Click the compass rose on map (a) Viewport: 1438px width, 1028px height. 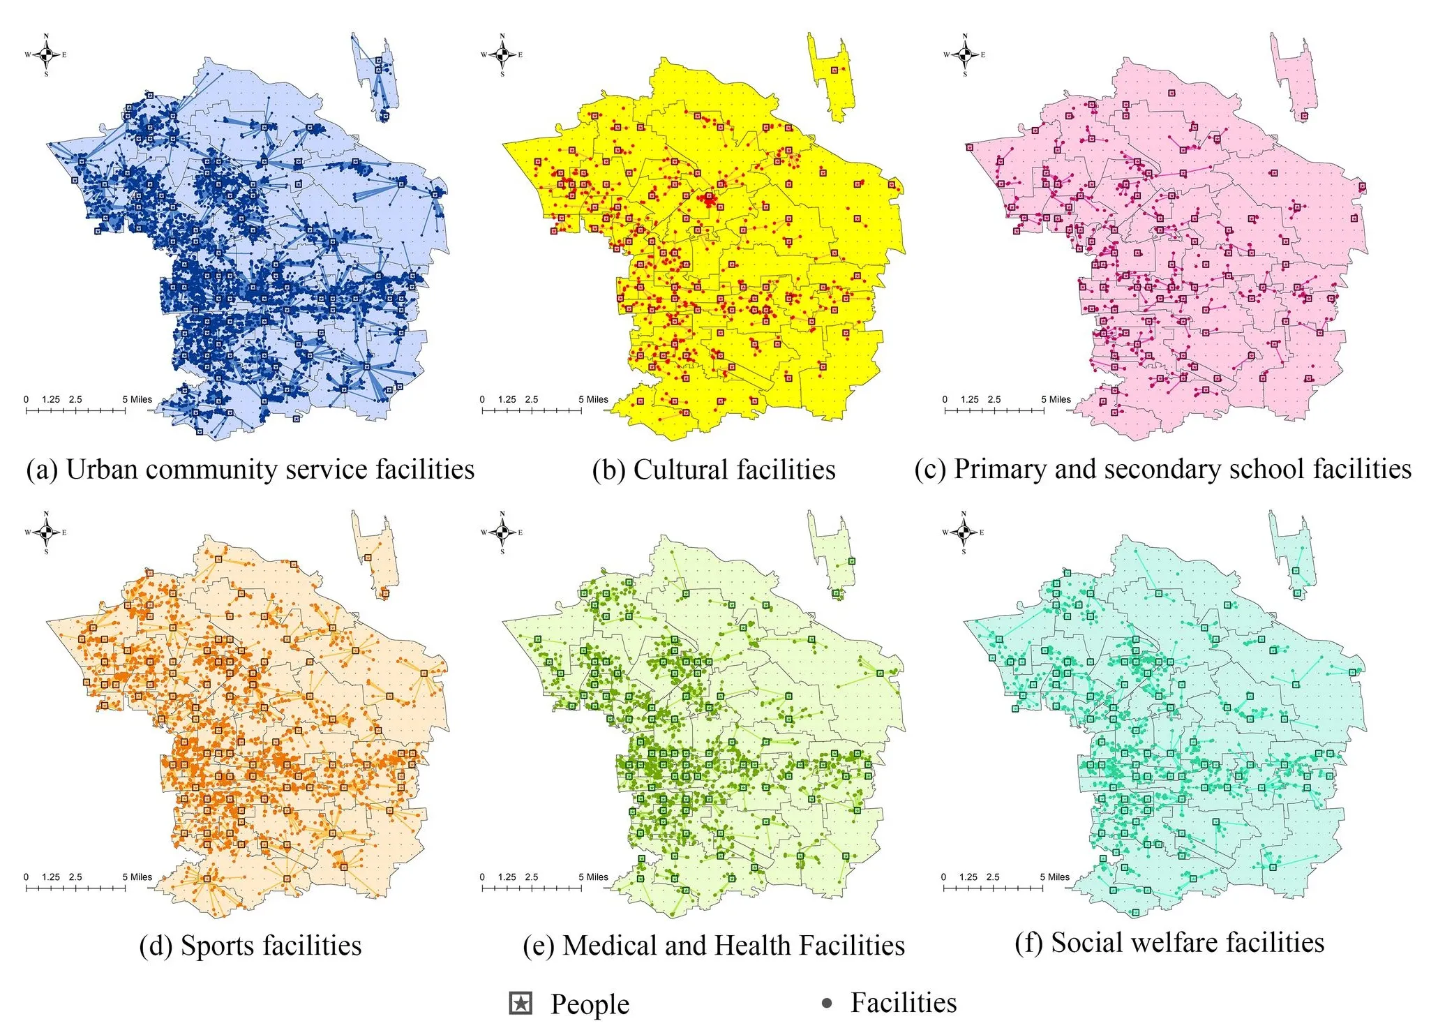[46, 54]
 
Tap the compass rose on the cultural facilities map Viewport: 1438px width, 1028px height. [502, 54]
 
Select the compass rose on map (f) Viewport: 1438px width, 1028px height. [964, 532]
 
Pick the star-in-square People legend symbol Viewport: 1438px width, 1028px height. [520, 1004]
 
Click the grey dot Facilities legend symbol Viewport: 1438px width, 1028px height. [827, 1004]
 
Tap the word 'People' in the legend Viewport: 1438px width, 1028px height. [590, 1004]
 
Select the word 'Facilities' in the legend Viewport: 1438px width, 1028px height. [904, 1003]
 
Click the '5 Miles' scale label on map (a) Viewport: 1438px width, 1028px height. [137, 400]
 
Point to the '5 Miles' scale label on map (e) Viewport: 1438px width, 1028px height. [593, 877]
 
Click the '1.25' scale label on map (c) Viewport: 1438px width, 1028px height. [969, 400]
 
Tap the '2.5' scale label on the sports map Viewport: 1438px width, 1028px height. [75, 877]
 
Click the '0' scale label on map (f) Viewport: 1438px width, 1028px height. [943, 877]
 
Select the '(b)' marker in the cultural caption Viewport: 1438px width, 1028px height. [609, 470]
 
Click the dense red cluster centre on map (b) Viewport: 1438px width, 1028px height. [710, 200]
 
